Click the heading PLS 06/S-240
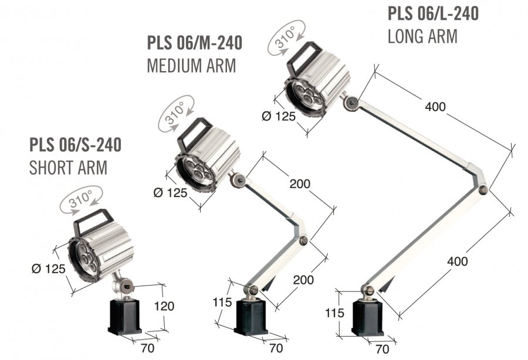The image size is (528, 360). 76,145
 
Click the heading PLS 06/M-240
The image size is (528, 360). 195,43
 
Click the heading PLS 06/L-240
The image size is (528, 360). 434,13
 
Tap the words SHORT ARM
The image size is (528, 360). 69,168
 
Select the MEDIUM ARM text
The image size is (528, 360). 192,66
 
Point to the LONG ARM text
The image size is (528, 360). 422,36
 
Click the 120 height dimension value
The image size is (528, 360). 164,306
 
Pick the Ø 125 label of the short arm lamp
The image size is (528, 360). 49,269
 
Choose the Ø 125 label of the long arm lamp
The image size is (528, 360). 279,117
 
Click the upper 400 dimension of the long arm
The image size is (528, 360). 435,107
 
